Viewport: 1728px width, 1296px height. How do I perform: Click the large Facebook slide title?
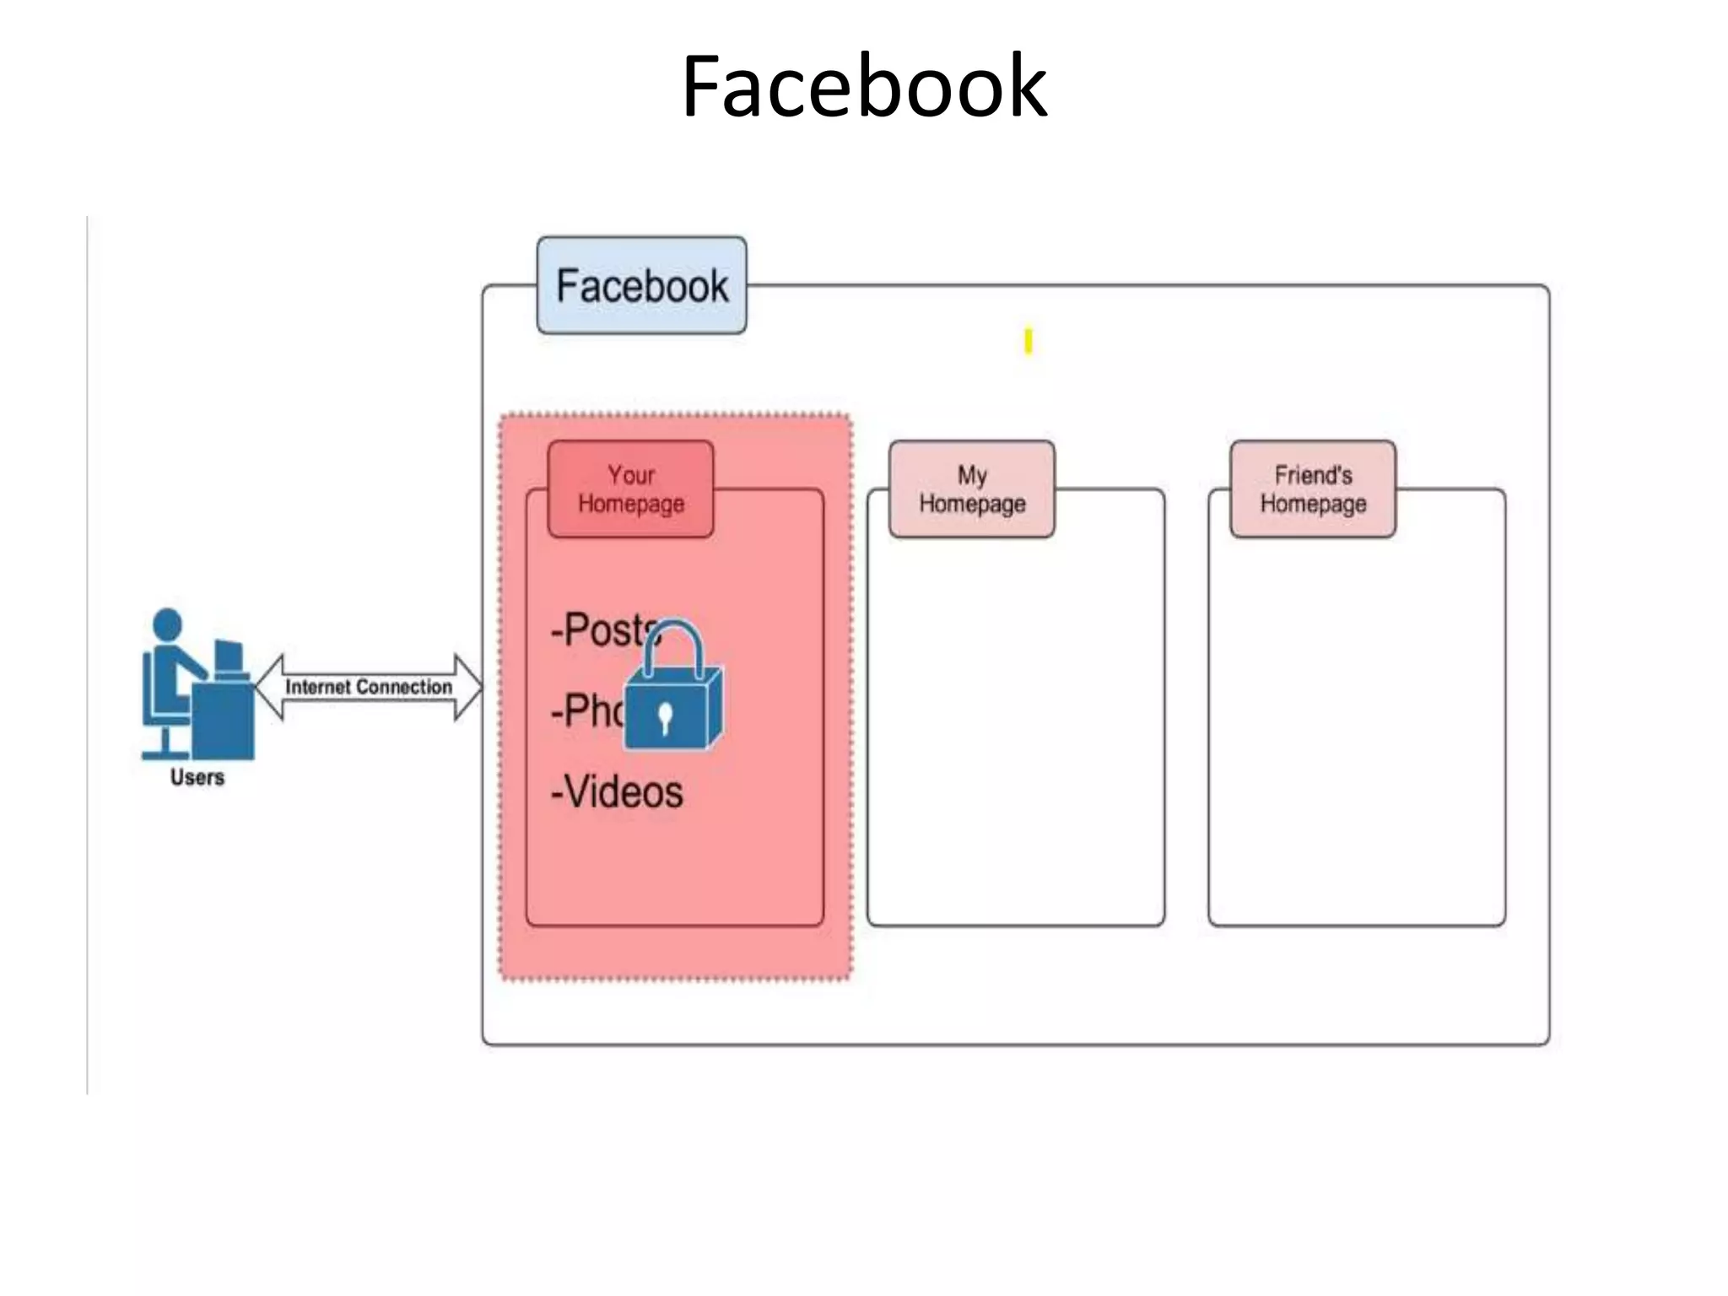point(864,86)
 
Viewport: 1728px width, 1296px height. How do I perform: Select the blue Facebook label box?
point(641,285)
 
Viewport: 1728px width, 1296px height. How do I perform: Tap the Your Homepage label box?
point(630,489)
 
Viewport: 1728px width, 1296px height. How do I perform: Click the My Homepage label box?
point(971,489)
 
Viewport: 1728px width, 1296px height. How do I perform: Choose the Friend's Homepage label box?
point(1312,489)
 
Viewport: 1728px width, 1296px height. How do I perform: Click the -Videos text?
point(618,791)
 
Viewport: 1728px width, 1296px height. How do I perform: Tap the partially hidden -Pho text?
point(586,710)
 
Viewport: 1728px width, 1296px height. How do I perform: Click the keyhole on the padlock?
point(665,716)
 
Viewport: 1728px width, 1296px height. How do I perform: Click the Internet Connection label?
point(368,687)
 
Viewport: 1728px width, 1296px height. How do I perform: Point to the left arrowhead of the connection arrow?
point(268,687)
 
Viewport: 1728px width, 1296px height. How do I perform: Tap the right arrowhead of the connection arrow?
point(469,687)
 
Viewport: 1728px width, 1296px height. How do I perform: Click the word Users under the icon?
point(197,777)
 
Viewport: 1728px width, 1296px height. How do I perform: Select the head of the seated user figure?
point(167,624)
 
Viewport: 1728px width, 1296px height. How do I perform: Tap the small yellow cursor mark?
point(1028,342)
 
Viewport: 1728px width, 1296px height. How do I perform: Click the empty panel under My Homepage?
point(1015,726)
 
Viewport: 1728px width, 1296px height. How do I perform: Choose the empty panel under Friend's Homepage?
point(1356,726)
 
